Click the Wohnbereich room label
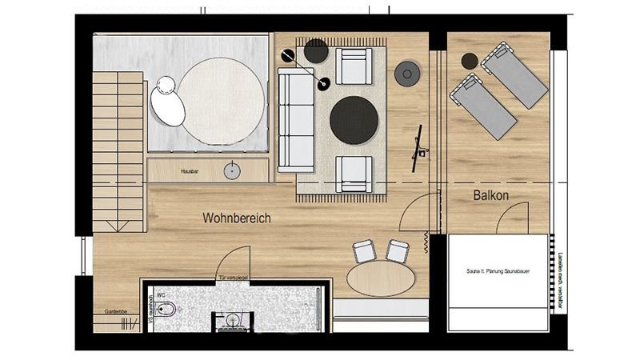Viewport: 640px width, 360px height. (238, 218)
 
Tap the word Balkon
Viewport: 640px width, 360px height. (491, 195)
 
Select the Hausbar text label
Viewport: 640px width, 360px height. (189, 170)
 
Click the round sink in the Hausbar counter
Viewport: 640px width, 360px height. (234, 170)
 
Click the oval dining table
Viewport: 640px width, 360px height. (382, 281)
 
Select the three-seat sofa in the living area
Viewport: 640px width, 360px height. (295, 120)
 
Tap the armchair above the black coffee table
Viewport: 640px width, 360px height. (353, 66)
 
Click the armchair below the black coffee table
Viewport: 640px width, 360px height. (354, 173)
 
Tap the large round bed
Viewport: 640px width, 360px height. (222, 99)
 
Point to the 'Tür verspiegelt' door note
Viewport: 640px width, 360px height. (234, 278)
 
